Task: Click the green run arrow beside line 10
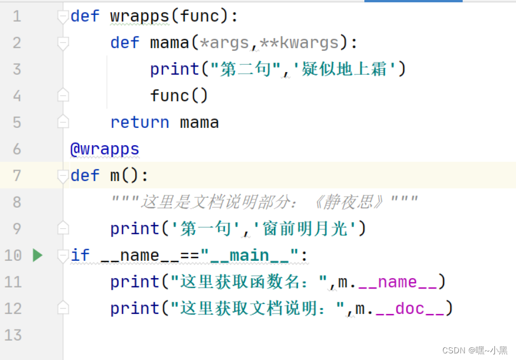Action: click(38, 255)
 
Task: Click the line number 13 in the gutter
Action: click(13, 335)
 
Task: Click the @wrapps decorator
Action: click(105, 149)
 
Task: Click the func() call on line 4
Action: click(179, 96)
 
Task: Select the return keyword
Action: click(140, 122)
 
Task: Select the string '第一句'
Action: click(208, 229)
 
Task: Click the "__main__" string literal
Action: click(249, 255)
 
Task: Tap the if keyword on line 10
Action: click(80, 255)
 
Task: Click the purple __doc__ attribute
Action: click(410, 308)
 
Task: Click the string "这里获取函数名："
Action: click(245, 282)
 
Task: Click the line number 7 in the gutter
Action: click(16, 176)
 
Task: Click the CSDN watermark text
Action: click(474, 350)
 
